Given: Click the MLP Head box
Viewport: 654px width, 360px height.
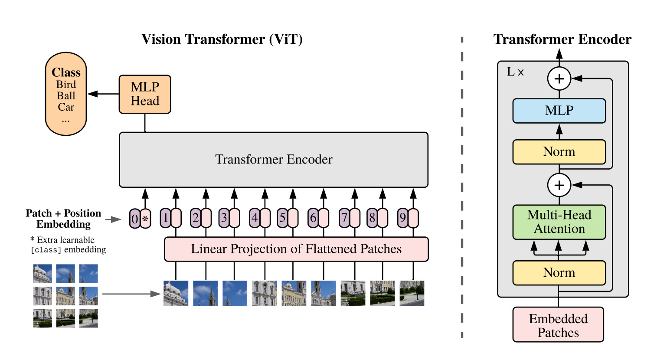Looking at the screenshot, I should click(145, 94).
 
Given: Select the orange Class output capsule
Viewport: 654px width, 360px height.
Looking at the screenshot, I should click(66, 94).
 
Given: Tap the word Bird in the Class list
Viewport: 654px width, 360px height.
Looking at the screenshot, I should click(66, 85).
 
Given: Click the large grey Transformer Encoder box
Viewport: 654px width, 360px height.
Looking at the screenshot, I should click(274, 160).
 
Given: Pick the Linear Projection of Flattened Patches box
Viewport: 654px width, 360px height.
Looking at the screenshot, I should click(296, 249).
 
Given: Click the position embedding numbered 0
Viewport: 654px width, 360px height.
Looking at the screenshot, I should click(135, 219).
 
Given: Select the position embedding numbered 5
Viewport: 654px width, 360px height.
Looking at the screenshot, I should click(282, 218).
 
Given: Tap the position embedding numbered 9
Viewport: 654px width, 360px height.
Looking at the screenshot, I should click(403, 218).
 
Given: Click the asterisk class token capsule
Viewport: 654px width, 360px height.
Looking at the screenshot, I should click(145, 219).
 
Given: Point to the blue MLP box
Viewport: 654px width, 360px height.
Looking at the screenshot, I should click(559, 111).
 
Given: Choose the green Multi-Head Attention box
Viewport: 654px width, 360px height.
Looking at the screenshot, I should click(559, 222).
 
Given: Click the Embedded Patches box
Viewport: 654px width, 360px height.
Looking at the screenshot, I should click(558, 325).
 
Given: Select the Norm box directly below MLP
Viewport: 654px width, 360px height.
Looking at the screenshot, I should click(559, 152).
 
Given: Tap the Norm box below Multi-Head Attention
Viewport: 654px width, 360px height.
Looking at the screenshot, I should click(559, 273).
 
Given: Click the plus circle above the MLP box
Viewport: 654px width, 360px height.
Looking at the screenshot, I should click(559, 79).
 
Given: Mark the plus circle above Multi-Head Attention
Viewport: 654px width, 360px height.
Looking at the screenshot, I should click(559, 185).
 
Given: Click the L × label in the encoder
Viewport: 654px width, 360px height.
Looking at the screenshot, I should click(515, 72).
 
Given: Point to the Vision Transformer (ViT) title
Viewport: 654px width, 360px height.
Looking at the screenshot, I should click(222, 39).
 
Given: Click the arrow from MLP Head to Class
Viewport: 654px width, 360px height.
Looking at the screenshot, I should click(103, 94).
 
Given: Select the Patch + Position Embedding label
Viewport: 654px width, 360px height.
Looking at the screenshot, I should click(63, 219).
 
